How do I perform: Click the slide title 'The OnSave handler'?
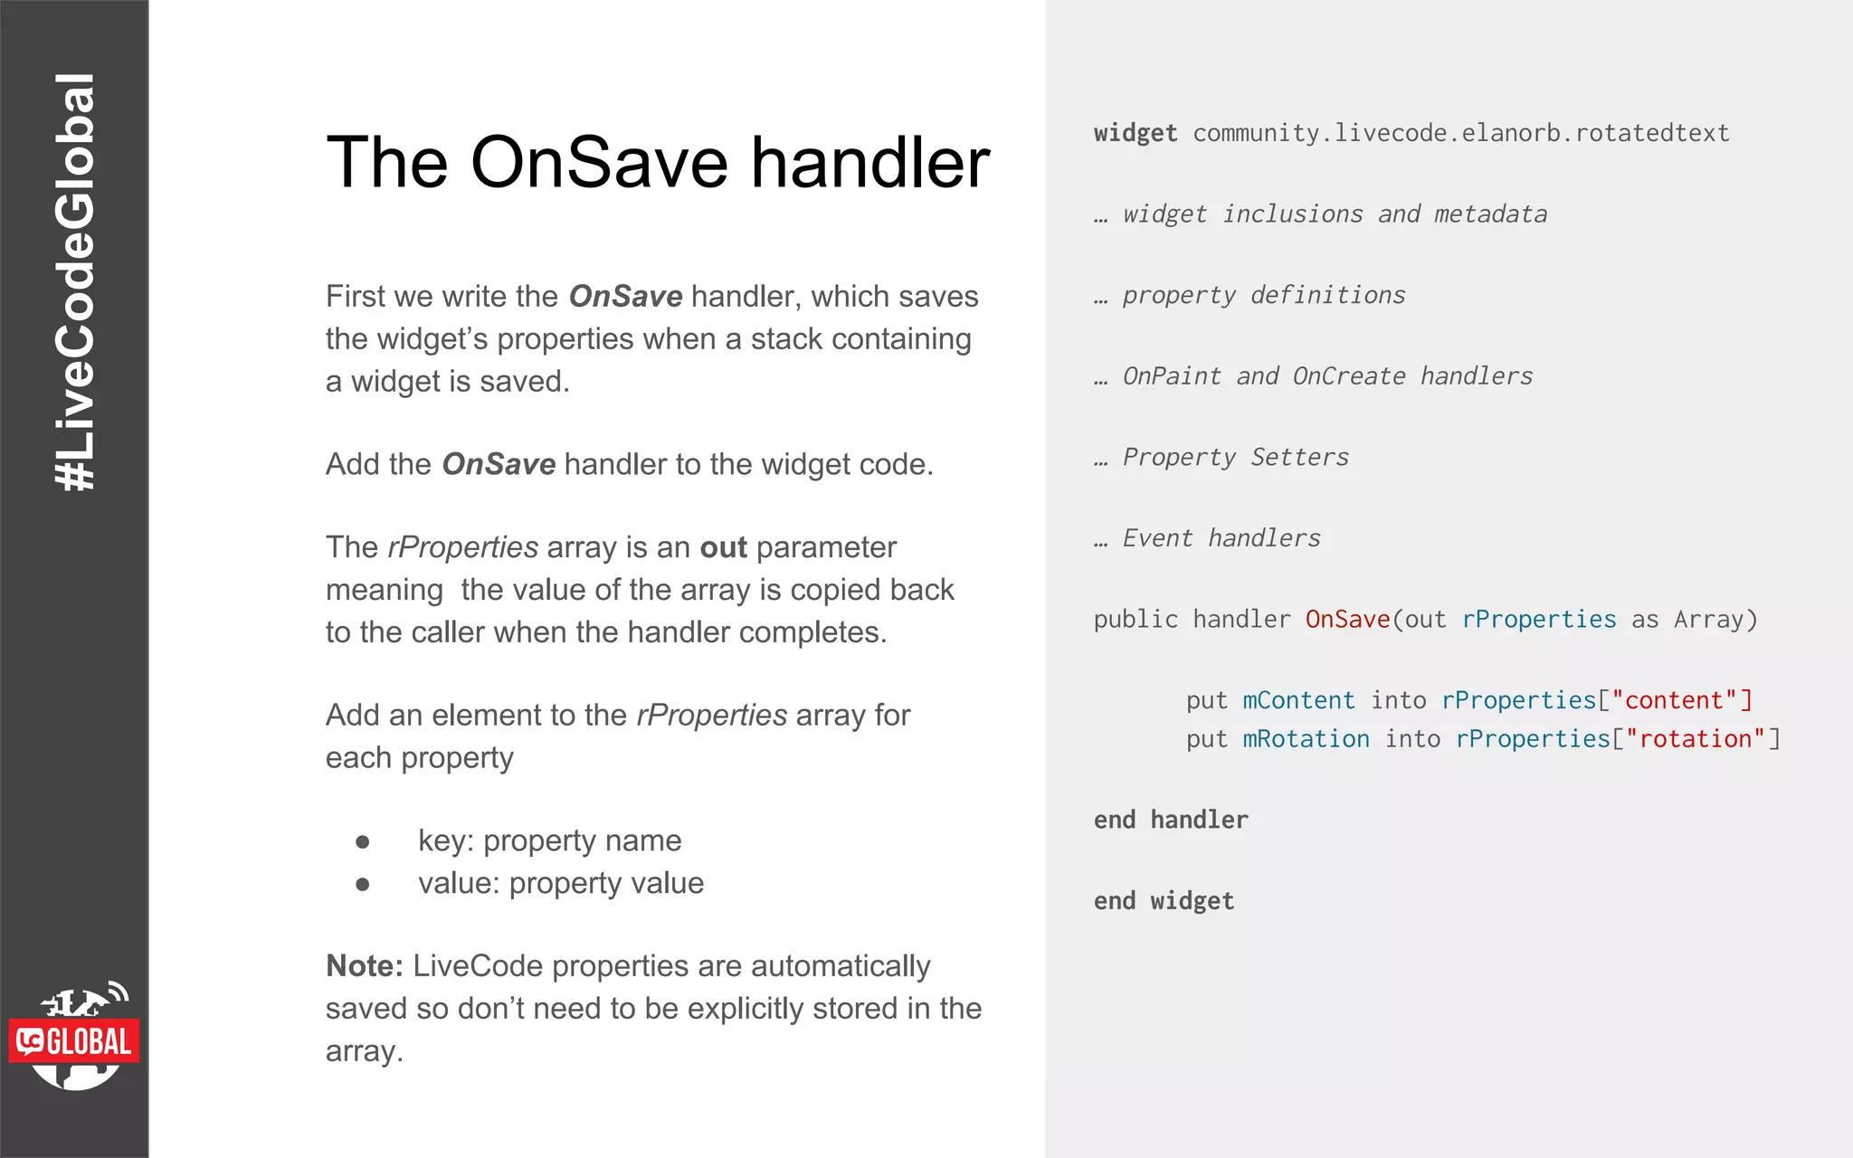658,163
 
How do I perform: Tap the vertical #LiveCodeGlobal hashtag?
74,282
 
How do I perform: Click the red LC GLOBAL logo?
74,1041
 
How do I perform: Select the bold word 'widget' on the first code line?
1135,133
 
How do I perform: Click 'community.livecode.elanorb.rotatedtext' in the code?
1460,133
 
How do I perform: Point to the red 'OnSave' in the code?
1346,620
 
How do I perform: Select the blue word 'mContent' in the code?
1298,700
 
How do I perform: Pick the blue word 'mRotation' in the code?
1306,739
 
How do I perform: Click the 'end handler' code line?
1171,820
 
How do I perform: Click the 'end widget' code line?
1164,901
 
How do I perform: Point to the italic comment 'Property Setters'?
1235,457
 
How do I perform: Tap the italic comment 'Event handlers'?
1221,538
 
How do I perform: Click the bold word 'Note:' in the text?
364,966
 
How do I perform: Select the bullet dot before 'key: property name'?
363,842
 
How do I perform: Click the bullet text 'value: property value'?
560,883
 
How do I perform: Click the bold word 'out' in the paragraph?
723,547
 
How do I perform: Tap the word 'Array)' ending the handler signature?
1715,620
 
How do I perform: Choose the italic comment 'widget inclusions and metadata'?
1334,214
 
